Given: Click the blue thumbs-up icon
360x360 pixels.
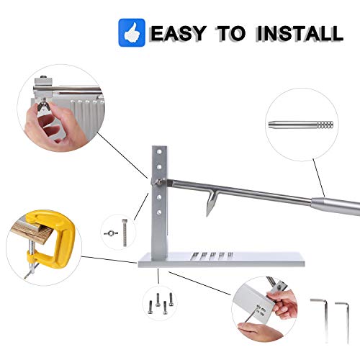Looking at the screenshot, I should (133, 32).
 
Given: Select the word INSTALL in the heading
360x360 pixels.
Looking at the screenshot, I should (297, 32).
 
